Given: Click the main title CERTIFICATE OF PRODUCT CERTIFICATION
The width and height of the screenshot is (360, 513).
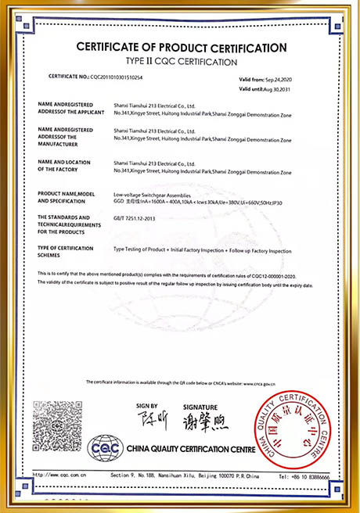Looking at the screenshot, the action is click(x=182, y=48).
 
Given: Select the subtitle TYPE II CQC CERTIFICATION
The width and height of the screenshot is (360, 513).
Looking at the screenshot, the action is click(x=182, y=61).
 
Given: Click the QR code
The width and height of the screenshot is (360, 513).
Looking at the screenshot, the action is click(x=57, y=423).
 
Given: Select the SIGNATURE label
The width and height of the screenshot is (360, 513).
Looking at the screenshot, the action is click(x=200, y=407).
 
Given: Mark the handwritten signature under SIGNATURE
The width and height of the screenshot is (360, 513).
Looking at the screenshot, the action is click(x=202, y=423).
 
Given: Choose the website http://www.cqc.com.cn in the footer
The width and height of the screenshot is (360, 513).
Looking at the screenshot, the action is click(x=61, y=474).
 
